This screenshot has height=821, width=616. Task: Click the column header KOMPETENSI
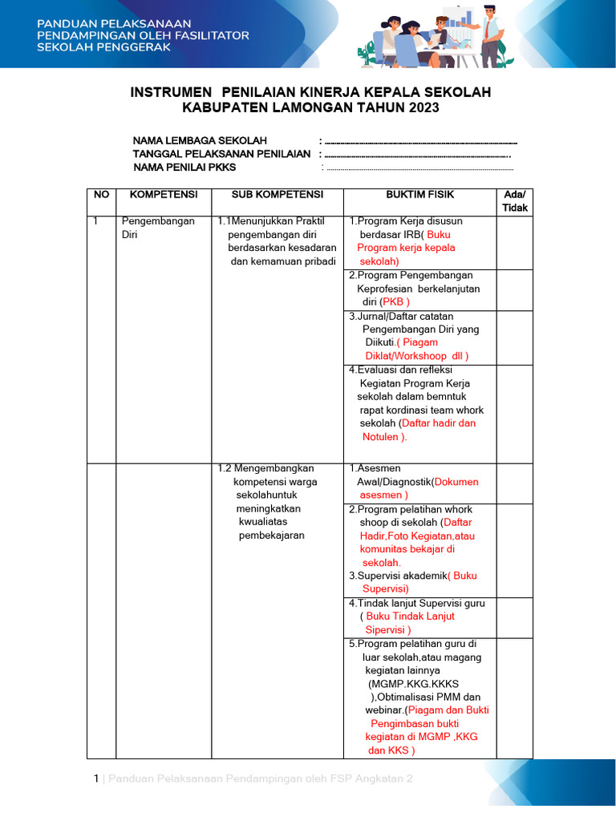(164, 195)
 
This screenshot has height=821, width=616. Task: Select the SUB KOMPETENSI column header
(278, 195)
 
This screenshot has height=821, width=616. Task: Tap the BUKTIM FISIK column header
(419, 195)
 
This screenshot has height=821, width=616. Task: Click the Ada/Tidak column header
(514, 201)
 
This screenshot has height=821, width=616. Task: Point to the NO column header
(101, 195)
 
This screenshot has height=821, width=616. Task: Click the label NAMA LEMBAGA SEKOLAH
(200, 140)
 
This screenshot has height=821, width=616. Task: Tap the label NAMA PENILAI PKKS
(184, 168)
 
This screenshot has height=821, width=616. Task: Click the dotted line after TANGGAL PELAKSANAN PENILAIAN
(417, 155)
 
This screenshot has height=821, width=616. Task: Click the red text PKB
(395, 302)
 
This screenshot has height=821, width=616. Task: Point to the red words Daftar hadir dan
(438, 423)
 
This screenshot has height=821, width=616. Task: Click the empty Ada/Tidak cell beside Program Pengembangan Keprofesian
(514, 290)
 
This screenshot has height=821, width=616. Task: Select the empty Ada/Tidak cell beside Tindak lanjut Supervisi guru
(514, 617)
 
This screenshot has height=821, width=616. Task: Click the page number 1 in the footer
(96, 779)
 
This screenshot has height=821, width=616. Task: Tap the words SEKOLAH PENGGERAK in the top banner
(103, 48)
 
